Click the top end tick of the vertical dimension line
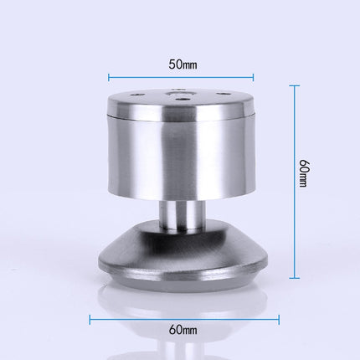[x=296, y=85]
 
